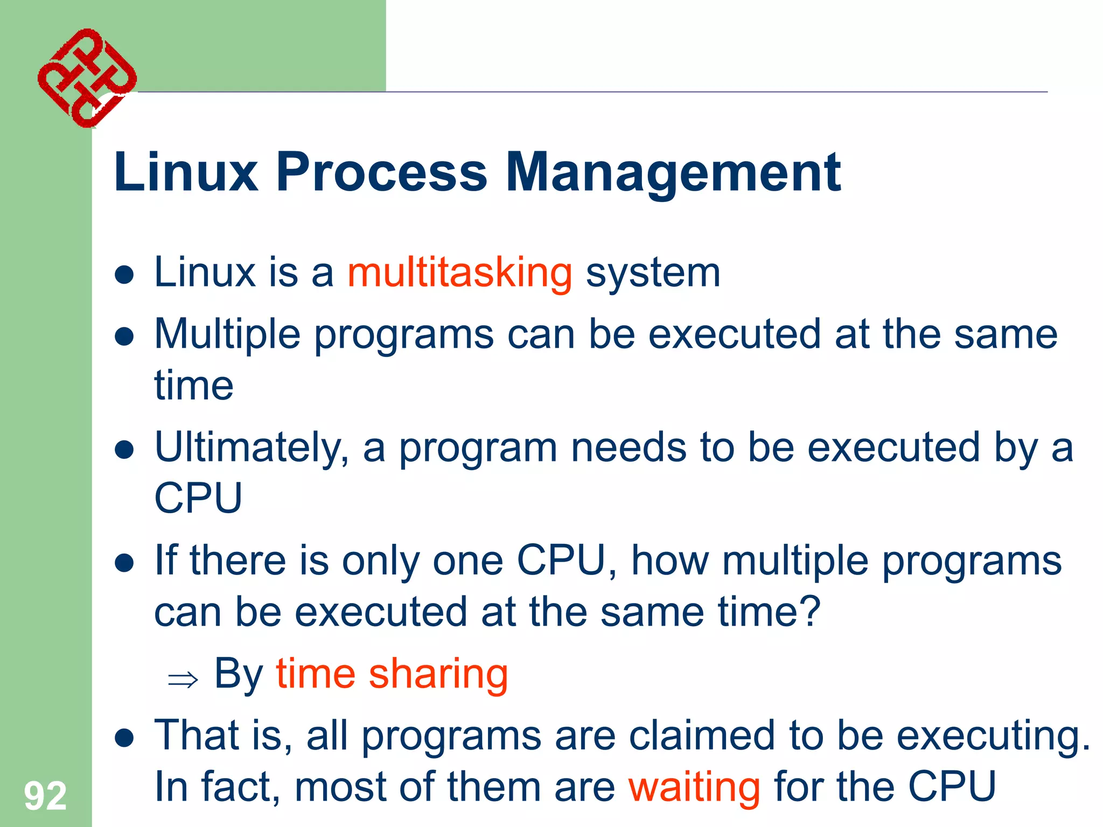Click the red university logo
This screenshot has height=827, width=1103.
click(x=86, y=78)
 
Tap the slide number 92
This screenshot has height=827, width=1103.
click(x=45, y=796)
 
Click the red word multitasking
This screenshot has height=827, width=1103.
click(x=459, y=274)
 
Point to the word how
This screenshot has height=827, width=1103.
click(x=670, y=561)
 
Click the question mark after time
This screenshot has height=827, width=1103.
click(x=810, y=612)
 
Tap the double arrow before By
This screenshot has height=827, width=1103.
click(x=183, y=680)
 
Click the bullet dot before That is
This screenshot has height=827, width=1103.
click(x=124, y=738)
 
